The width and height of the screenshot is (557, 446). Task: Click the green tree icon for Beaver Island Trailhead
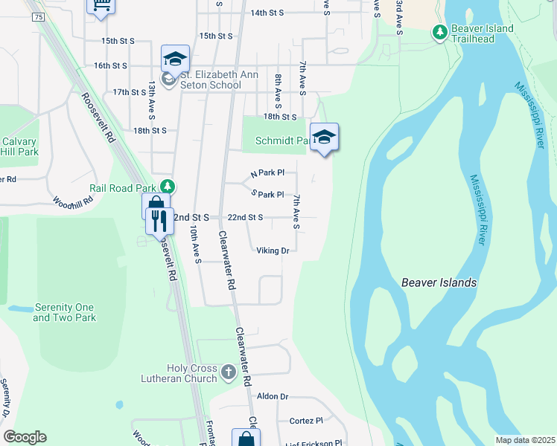click(440, 31)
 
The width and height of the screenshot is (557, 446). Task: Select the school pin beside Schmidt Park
click(324, 138)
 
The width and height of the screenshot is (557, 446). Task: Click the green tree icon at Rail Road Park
click(170, 186)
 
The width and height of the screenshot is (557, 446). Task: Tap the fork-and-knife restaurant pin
click(159, 222)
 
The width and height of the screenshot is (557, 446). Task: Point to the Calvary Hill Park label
click(19, 146)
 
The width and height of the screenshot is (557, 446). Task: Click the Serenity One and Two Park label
click(64, 312)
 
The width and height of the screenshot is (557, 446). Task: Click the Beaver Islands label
click(439, 282)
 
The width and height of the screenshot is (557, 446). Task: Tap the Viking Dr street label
click(273, 251)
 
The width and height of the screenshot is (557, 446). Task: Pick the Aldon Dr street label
click(272, 397)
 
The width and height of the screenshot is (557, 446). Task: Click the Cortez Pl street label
click(306, 420)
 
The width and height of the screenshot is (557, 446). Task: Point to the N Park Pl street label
click(267, 173)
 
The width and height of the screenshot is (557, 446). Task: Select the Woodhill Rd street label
click(73, 200)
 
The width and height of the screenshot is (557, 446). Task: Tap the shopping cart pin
click(101, 7)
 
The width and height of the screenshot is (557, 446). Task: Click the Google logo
click(25, 437)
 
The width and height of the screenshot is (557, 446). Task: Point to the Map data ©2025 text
click(525, 440)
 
